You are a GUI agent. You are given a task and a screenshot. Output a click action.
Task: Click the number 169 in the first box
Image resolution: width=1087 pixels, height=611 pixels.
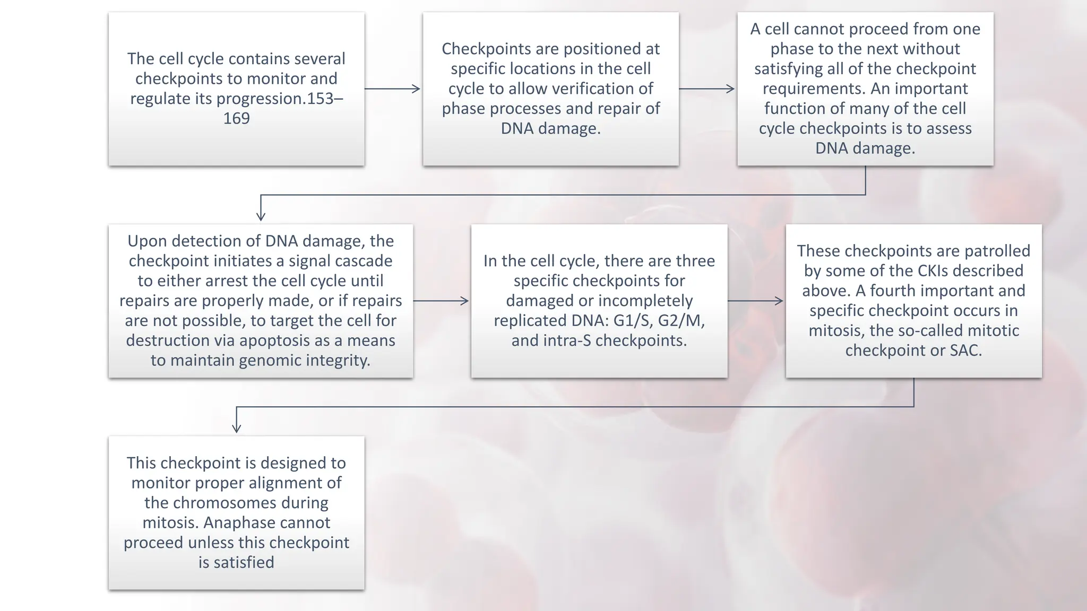(x=236, y=118)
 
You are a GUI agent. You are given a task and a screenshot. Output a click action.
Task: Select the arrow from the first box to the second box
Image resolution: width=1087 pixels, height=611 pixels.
(x=392, y=89)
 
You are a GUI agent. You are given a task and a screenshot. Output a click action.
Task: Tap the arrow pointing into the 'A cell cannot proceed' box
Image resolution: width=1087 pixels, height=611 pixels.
(x=707, y=89)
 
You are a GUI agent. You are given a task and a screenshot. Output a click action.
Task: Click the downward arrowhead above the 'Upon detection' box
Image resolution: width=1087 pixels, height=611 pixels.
(x=261, y=215)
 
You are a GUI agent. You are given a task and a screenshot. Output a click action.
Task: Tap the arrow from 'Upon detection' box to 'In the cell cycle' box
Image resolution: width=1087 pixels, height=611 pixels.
(x=441, y=301)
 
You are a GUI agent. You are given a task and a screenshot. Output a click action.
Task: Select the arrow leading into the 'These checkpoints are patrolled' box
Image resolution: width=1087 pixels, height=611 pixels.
(x=756, y=301)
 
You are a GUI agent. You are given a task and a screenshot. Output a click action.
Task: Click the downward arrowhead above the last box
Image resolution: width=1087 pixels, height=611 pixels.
(x=237, y=427)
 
